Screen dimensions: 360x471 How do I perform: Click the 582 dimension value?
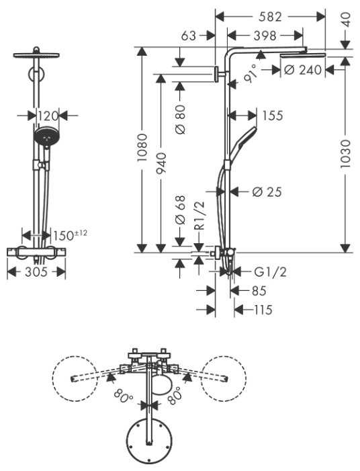270,17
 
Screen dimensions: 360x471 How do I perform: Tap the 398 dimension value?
265,36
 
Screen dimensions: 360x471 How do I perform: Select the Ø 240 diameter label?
303,70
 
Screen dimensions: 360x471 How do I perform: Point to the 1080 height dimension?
142,148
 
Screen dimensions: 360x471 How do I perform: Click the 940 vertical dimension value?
161,163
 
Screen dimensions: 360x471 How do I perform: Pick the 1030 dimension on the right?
346,153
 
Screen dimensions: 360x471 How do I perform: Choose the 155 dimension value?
273,116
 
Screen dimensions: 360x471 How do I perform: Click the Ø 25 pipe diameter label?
267,191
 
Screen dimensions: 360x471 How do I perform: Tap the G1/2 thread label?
270,272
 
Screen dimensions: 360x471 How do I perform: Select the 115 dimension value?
263,310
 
